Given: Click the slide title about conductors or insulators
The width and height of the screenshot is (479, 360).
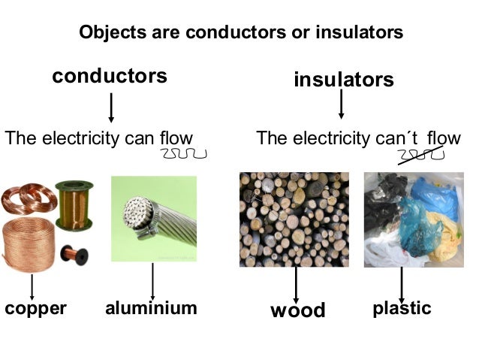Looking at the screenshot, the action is (241, 34).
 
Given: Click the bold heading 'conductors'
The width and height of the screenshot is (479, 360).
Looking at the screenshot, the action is (110, 77).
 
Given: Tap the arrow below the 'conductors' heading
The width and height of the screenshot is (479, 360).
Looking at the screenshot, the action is (111, 107).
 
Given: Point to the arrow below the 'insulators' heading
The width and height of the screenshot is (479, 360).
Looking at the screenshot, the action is (342, 104).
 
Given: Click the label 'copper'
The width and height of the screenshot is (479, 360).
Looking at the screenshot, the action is (35, 308).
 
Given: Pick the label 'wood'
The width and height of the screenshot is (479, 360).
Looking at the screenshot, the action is (298, 310).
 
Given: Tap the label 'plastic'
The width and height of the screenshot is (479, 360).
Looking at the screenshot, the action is (402, 308).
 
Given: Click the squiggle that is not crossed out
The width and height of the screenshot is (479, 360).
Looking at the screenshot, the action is (183, 154).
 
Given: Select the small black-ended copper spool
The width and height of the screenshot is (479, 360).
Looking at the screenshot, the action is (74, 255).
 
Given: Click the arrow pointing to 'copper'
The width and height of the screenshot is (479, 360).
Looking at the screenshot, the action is (32, 287).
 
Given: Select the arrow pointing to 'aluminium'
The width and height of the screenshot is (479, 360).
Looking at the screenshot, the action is (152, 280).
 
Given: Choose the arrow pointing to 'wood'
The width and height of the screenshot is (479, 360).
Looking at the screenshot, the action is (297, 283).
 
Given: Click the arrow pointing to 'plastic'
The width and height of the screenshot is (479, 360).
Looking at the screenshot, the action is (402, 283).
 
